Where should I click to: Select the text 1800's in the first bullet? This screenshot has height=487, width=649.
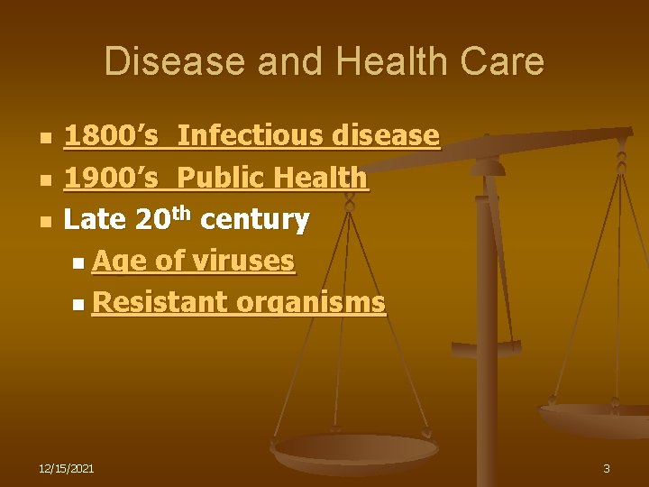(x=112, y=136)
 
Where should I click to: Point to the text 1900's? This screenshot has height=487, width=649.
(x=112, y=178)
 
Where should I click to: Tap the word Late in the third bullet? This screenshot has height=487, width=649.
(x=95, y=219)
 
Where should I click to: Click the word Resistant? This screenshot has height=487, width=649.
(x=160, y=302)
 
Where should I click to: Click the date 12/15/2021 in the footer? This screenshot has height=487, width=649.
(x=67, y=468)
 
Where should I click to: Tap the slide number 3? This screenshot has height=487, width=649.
(x=607, y=468)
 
